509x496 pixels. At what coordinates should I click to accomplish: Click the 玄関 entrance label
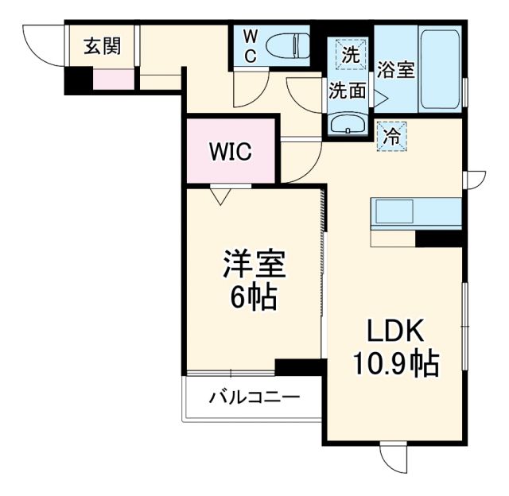tap(103, 46)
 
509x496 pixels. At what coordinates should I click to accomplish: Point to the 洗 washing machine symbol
tap(350, 56)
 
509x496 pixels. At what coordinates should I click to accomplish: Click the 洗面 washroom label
tap(348, 91)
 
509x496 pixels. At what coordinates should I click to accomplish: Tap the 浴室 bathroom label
tap(395, 70)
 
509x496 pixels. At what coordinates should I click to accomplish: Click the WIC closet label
tap(230, 151)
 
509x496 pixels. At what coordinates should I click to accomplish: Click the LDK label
tap(398, 331)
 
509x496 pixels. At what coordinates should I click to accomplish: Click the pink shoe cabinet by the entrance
tap(113, 79)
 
